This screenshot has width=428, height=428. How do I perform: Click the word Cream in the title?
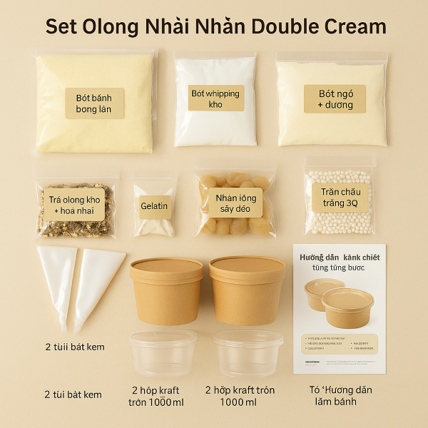(x=350, y=26)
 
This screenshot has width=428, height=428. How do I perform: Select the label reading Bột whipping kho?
(x=216, y=98)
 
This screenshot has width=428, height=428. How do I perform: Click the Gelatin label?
(x=154, y=206)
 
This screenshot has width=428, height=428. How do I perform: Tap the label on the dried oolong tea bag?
(x=73, y=203)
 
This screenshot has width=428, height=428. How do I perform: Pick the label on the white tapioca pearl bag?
(x=340, y=198)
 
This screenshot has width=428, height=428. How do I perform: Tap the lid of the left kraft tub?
(x=166, y=267)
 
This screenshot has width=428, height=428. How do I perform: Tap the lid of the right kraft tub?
(x=248, y=265)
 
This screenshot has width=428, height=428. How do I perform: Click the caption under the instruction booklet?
(x=340, y=395)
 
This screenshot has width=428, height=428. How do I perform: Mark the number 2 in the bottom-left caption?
(x=47, y=394)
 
